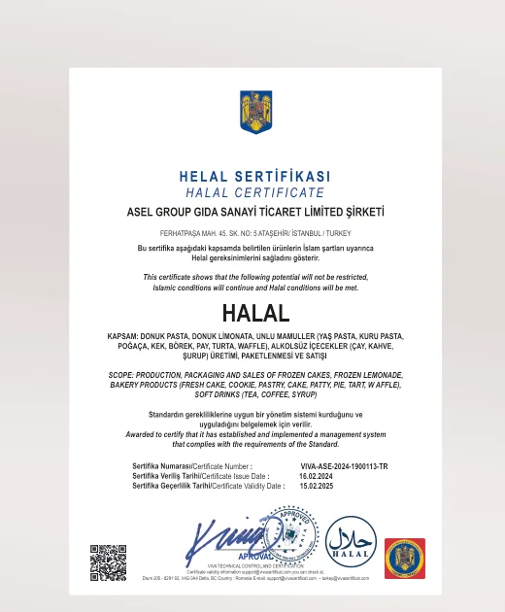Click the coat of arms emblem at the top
pos(255,112)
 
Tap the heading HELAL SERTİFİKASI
pos(255,177)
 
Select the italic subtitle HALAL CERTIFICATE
pos(254,192)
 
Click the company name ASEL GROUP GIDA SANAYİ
pos(255,211)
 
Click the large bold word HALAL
pos(255,314)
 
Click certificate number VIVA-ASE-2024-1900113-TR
pos(344,466)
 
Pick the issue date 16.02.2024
pos(316,476)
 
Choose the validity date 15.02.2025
pos(316,486)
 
